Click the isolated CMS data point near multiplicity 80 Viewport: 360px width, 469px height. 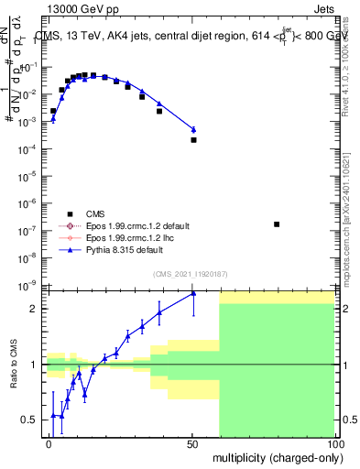pyautogui.click(x=277, y=224)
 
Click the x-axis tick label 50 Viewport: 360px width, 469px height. pyautogui.click(x=193, y=444)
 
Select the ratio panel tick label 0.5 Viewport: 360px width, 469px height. pyautogui.click(x=30, y=420)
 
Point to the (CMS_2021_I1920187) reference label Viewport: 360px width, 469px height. pyautogui.click(x=189, y=273)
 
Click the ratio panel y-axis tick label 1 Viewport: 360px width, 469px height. pyautogui.click(x=35, y=365)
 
